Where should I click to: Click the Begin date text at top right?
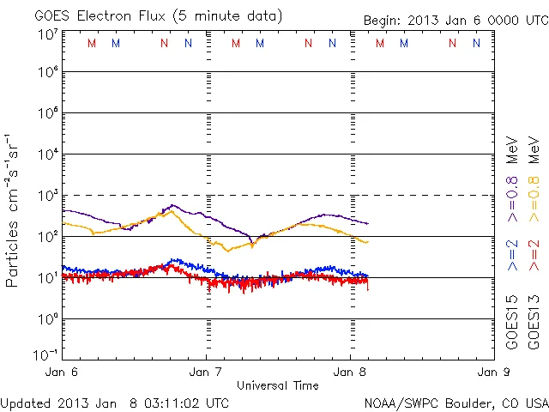(455, 20)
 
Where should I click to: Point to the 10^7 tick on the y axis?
(46, 34)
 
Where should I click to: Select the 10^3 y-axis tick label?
(46, 196)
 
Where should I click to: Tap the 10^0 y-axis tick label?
(46, 319)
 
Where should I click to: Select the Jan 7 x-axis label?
(206, 373)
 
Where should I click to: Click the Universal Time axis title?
(278, 385)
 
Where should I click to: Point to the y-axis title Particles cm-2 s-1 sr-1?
(14, 209)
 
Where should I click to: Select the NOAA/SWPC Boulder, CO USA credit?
(455, 402)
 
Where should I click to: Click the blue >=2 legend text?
(512, 256)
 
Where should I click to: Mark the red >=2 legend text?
(534, 256)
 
